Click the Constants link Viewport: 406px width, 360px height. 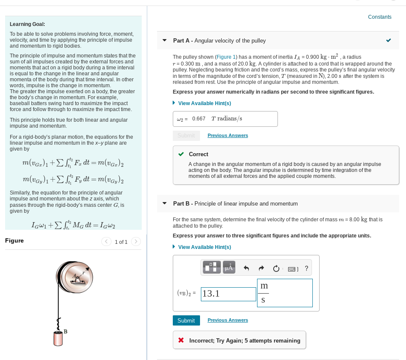[x=379, y=17]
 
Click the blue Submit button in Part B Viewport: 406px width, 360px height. [x=186, y=320]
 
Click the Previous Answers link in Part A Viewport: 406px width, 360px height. [x=228, y=135]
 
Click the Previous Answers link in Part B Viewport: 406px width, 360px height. [x=228, y=320]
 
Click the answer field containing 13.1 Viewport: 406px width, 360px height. [x=228, y=294]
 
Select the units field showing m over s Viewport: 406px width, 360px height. [x=285, y=293]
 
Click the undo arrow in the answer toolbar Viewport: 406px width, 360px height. [x=246, y=268]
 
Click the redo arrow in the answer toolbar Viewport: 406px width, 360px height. [x=261, y=268]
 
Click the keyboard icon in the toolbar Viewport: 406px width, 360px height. [x=293, y=269]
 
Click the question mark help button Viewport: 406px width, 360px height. [x=306, y=268]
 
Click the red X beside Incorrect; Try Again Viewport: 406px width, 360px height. [x=181, y=340]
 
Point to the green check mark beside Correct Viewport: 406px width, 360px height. [x=181, y=154]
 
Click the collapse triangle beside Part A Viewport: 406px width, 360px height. [x=165, y=41]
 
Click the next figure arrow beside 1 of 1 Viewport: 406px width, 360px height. [x=135, y=242]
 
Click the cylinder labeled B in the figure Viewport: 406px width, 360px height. [x=58, y=338]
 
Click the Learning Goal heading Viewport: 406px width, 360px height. [x=27, y=24]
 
